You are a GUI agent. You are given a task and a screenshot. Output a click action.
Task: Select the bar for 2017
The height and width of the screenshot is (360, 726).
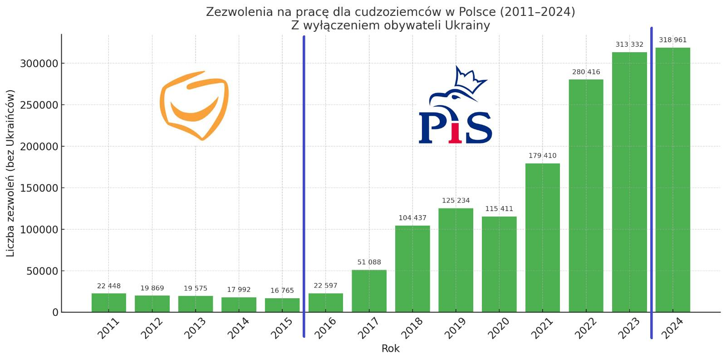[369, 291]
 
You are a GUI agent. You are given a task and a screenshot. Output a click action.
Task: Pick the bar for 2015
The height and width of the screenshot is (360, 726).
[282, 305]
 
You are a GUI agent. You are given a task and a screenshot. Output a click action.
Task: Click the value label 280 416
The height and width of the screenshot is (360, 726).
[586, 72]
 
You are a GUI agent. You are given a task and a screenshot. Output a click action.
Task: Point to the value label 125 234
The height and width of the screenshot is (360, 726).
[456, 201]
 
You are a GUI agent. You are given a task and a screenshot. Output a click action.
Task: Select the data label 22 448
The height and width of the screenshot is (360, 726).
[109, 286]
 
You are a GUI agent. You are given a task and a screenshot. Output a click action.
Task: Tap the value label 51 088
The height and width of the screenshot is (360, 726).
[369, 262]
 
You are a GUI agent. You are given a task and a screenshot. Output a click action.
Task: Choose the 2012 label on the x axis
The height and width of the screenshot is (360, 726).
[152, 328]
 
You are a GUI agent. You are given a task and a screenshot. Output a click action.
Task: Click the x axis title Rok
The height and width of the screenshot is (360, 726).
[390, 349]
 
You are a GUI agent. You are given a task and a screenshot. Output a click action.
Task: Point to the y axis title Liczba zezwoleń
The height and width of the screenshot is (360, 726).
[10, 173]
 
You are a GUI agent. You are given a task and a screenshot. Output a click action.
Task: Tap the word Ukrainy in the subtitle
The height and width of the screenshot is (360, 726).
[467, 25]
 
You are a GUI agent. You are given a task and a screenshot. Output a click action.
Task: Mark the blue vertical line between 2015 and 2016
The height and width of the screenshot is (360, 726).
[304, 186]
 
